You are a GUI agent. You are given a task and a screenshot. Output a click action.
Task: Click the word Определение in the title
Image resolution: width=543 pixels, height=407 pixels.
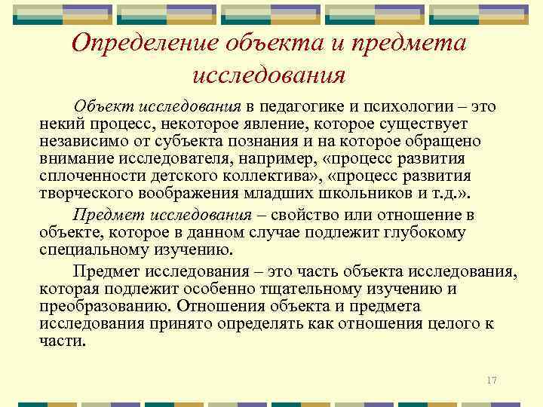tap(147, 43)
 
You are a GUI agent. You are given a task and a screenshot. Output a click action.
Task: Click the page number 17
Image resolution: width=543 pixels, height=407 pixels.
tap(492, 380)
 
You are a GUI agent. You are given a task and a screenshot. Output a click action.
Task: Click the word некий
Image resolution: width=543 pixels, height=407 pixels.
tap(60, 124)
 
